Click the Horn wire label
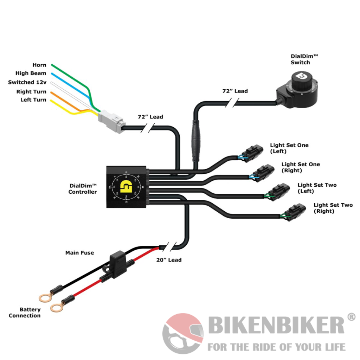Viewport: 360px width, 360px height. pyautogui.click(x=39, y=65)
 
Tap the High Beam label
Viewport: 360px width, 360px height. pyautogui.click(x=31, y=73)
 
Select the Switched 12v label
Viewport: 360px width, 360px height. pyautogui.click(x=27, y=82)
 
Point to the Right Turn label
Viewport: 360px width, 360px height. pyautogui.click(x=31, y=91)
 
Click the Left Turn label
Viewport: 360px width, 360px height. pyautogui.click(x=33, y=100)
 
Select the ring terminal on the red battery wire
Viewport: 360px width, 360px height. pyautogui.click(x=56, y=308)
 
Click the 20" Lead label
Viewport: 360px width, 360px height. pyautogui.click(x=169, y=260)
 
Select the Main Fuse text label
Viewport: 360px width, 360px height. pyautogui.click(x=79, y=253)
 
